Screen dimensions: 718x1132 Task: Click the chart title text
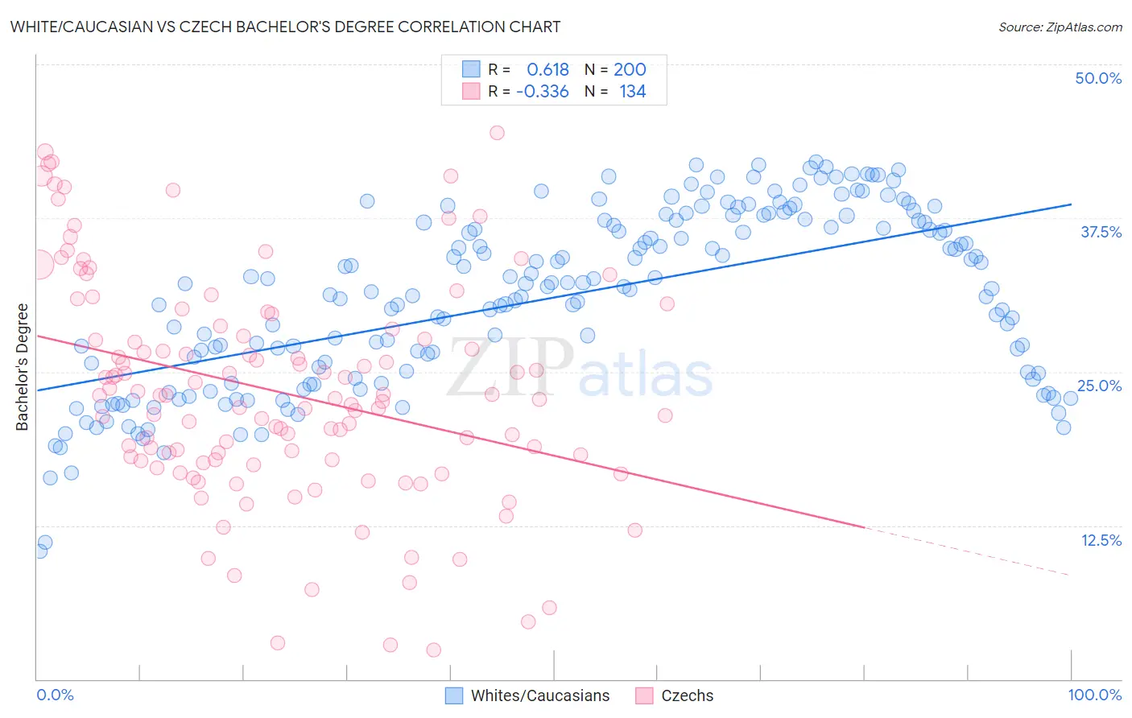click(285, 27)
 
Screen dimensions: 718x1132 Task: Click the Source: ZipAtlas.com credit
click(1060, 27)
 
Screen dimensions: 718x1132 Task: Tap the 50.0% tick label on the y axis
click(1098, 78)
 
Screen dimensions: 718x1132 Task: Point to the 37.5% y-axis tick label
click(1101, 232)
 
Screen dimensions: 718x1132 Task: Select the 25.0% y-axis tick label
click(1099, 386)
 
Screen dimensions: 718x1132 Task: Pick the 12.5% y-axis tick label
click(1101, 540)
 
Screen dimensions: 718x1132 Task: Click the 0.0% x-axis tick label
click(56, 695)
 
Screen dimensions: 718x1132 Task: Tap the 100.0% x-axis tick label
click(1094, 695)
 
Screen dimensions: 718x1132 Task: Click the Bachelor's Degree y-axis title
click(23, 366)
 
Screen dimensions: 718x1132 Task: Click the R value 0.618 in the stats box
click(547, 70)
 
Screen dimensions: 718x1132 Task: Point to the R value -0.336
click(543, 92)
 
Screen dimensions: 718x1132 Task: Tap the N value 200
click(630, 70)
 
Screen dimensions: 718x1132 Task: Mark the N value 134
click(632, 92)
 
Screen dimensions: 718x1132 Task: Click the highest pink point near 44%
click(497, 133)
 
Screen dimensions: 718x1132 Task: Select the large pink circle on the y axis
click(38, 263)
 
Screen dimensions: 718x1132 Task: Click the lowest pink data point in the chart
click(433, 650)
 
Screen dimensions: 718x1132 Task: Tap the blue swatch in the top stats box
click(471, 70)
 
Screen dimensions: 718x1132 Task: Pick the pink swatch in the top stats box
click(471, 92)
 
